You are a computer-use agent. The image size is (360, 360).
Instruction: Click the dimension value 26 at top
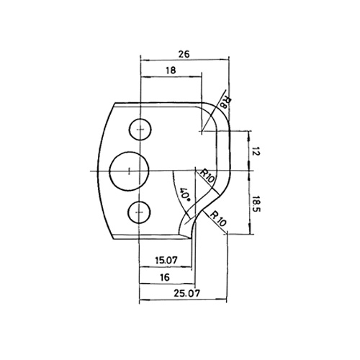(184, 54)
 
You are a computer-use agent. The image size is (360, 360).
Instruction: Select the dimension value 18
(171, 70)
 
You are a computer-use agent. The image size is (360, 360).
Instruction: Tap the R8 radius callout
(224, 103)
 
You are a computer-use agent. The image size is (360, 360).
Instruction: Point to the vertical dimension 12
(256, 151)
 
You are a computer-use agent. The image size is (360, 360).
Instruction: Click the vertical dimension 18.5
(256, 203)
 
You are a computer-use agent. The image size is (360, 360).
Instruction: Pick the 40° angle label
(184, 194)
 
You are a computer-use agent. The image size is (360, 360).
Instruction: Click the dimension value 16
(165, 277)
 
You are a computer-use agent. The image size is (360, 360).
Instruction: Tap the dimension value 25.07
(186, 293)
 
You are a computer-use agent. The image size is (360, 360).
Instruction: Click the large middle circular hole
(129, 171)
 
